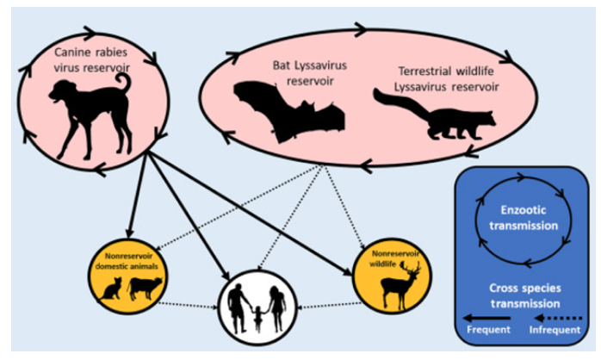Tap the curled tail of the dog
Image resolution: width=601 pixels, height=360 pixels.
click(124, 84)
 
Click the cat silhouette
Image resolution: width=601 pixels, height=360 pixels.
click(111, 289)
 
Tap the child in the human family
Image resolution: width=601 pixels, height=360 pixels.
click(258, 318)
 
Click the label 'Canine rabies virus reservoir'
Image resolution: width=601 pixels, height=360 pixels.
click(91, 59)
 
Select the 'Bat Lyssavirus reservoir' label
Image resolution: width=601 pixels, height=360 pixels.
click(310, 73)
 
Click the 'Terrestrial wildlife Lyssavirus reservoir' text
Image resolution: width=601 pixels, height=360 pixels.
click(447, 79)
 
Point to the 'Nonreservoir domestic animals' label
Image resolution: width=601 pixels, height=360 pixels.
click(127, 261)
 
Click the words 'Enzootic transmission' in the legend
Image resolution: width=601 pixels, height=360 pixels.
click(524, 218)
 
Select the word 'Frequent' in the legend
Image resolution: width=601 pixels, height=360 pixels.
click(489, 330)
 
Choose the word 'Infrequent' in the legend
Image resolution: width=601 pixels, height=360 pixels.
click(555, 330)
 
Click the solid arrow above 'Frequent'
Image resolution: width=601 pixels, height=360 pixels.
click(486, 318)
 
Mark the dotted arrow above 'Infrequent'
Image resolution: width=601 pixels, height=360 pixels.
click(558, 318)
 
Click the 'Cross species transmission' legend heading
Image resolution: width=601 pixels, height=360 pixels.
click(525, 295)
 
